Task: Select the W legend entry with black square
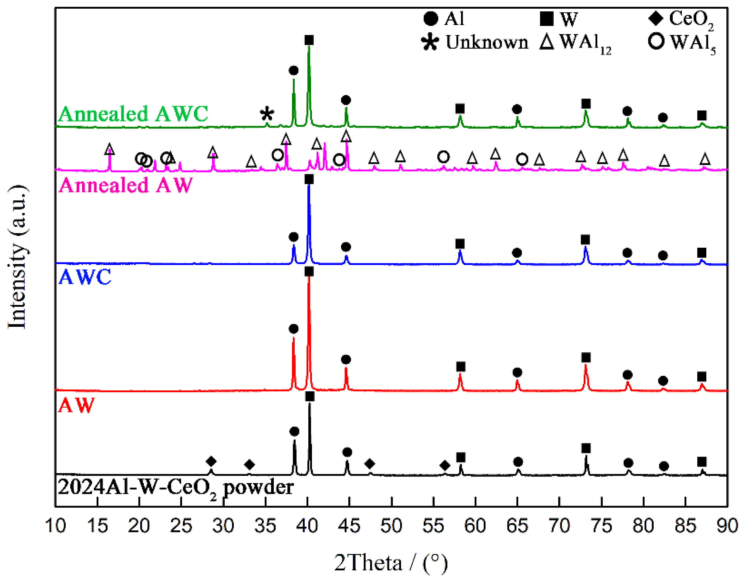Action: (559, 19)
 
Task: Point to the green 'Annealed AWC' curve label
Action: (133, 114)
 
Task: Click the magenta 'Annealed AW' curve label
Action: (126, 185)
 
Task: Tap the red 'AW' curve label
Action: (76, 405)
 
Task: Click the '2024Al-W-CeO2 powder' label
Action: (175, 488)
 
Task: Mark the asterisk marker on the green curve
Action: (267, 114)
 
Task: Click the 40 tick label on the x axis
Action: (307, 526)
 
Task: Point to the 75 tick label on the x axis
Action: (602, 526)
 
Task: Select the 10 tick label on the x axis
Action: (56, 526)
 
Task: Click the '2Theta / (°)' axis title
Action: (390, 563)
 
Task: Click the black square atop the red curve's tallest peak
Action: (309, 271)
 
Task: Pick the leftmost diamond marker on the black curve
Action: (211, 462)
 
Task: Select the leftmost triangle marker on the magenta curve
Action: (109, 149)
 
